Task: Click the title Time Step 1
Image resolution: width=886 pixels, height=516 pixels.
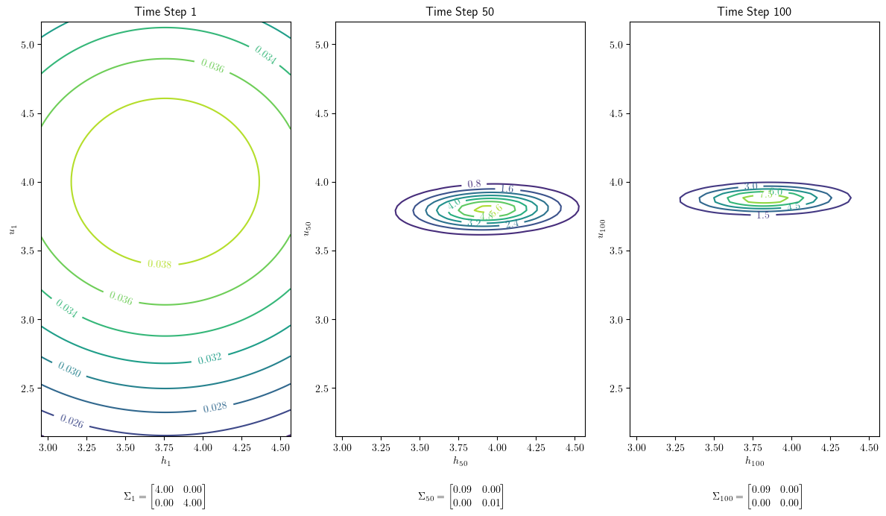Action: [x=165, y=11]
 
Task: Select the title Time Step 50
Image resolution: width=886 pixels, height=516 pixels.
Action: [x=460, y=11]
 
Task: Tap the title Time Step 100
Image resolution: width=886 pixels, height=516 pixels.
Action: [x=754, y=11]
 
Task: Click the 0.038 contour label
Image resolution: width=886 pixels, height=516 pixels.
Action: [x=159, y=264]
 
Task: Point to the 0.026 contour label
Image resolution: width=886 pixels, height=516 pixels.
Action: [x=72, y=421]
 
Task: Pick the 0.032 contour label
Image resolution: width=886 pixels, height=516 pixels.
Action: [x=209, y=359]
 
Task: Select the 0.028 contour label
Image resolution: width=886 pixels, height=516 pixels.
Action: [x=215, y=407]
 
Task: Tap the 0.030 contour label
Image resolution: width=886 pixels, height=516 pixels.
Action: [x=69, y=369]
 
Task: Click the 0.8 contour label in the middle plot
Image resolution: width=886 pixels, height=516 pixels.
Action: [x=474, y=184]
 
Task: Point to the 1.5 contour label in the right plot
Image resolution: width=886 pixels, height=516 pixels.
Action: [x=763, y=215]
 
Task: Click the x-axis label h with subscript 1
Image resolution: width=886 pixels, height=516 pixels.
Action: [x=165, y=462]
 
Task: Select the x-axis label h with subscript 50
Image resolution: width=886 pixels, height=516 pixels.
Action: [x=460, y=462]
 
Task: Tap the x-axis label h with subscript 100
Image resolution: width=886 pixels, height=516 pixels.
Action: [x=754, y=462]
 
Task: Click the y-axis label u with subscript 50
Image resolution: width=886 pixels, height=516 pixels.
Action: [x=308, y=227]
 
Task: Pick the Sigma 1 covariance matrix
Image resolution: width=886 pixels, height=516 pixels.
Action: [x=165, y=497]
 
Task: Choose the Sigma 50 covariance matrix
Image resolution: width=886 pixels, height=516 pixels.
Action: [x=460, y=497]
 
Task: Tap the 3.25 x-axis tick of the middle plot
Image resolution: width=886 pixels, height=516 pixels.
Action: [x=381, y=447]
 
